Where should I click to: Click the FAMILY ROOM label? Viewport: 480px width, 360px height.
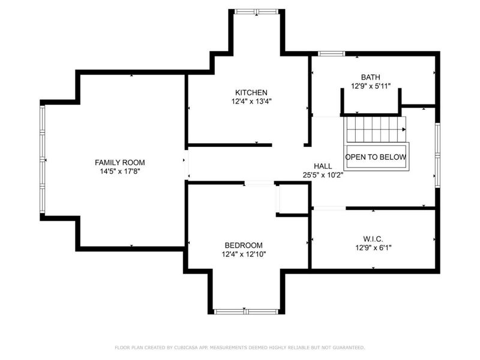119,163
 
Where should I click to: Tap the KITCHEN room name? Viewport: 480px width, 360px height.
251,92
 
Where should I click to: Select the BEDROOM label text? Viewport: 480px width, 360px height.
244,245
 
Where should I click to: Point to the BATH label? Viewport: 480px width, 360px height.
371,77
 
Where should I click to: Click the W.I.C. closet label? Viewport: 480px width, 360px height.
373,239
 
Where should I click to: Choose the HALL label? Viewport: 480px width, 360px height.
323,166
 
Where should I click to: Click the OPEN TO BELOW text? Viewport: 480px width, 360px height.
376,157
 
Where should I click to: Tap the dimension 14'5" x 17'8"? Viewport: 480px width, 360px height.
120,172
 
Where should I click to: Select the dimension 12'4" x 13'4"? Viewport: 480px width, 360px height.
251,101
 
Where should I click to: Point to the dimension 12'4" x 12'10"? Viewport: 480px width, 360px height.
244,254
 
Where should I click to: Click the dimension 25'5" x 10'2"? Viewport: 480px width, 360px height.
323,175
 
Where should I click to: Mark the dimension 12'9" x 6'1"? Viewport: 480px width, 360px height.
373,248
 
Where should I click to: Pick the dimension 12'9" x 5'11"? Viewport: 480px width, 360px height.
371,86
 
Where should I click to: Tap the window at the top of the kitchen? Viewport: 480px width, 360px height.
257,11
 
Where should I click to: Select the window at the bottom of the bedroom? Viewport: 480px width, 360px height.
247,311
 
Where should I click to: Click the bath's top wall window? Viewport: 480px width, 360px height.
332,54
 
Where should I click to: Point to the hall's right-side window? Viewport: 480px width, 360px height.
438,155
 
